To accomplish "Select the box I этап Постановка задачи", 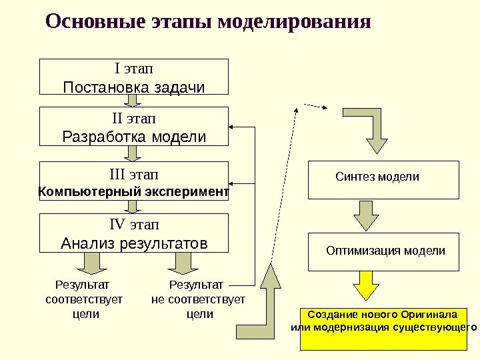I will click(135, 77).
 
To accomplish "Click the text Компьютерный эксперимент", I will click(134, 192).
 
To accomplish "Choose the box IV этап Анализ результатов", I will click(135, 233).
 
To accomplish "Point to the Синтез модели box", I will click(383, 179).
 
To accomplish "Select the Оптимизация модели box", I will click(383, 251).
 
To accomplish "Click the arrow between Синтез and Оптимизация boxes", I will click(365, 215).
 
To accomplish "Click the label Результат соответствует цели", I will click(84, 299).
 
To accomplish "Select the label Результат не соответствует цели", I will click(199, 299).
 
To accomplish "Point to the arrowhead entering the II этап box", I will click(234, 127).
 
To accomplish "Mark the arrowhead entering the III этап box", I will click(234, 181).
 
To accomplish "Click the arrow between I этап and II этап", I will click(133, 101).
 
